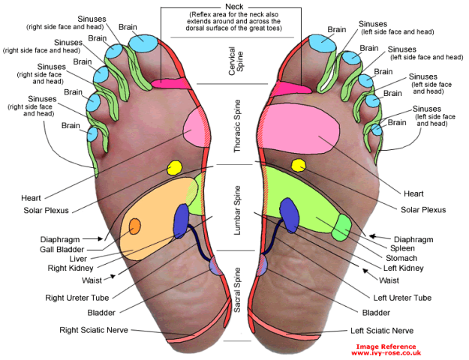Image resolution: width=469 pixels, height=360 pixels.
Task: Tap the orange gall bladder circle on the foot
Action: [x=135, y=226]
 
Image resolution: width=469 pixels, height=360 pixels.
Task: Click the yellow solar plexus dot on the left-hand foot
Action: [x=175, y=167]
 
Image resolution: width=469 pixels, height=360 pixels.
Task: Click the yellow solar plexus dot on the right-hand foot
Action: [x=298, y=165]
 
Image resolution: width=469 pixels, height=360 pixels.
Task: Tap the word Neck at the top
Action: [x=234, y=6]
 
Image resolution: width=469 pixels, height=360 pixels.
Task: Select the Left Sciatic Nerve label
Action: [x=382, y=330]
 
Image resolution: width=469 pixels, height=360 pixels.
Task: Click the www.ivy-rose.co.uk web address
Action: [x=386, y=352]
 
